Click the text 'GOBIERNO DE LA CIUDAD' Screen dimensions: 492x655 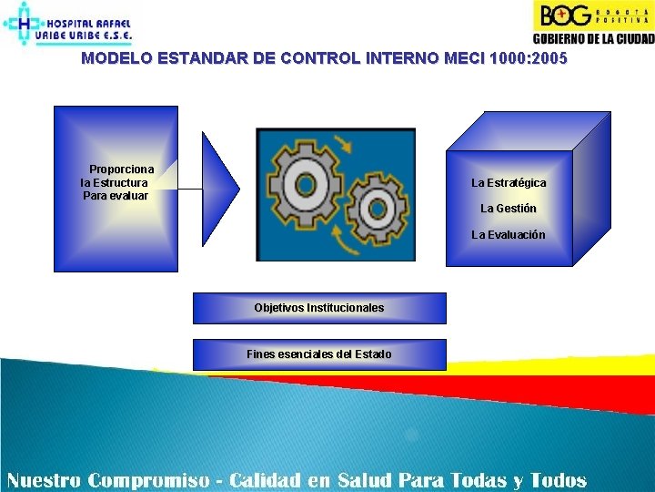click(592, 38)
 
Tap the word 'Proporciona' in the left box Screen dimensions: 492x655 click(121, 169)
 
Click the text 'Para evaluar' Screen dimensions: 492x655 click(116, 195)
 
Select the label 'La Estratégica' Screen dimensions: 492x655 click(509, 183)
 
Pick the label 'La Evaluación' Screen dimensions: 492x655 click(509, 235)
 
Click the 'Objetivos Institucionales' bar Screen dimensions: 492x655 click(319, 308)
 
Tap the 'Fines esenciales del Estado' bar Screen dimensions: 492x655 click(319, 354)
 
